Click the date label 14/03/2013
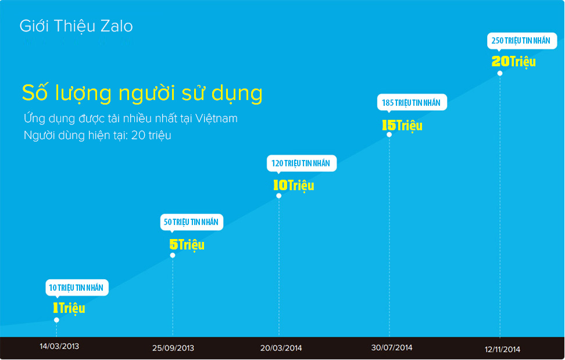[59, 346]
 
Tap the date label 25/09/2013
[173, 348]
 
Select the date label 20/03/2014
[281, 348]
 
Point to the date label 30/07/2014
[392, 348]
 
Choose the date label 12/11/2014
[502, 349]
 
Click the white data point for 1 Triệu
[56, 320]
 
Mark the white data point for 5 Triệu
[173, 255]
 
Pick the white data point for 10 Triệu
[279, 196]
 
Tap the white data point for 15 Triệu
[389, 135]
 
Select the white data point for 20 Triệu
[500, 73]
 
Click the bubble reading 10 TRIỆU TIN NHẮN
[77, 288]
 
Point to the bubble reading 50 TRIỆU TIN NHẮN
[192, 222]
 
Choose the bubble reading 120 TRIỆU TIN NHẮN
[302, 163]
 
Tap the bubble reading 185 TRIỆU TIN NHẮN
[412, 103]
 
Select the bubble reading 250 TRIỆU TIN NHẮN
[522, 41]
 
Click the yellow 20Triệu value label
[514, 62]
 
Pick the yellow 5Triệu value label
[187, 245]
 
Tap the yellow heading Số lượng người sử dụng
[142, 93]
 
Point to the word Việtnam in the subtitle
[216, 118]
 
